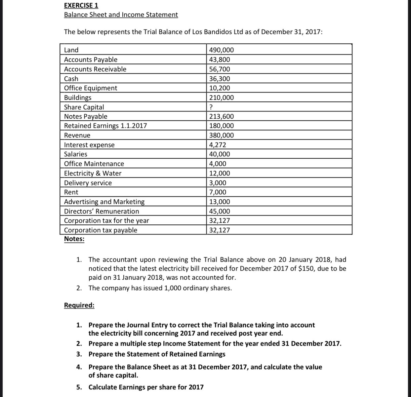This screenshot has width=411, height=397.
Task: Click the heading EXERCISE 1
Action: (x=81, y=6)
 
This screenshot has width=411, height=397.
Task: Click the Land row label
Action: (x=71, y=50)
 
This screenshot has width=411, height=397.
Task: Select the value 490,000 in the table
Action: (x=221, y=50)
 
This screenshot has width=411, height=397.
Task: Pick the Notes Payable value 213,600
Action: (x=221, y=116)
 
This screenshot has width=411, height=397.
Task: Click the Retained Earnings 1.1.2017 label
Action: (x=105, y=126)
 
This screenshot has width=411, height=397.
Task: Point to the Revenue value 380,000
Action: (x=221, y=135)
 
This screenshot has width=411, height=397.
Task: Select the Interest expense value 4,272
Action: (x=218, y=145)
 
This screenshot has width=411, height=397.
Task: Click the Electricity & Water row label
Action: (x=93, y=173)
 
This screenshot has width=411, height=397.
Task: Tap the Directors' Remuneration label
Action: (x=101, y=211)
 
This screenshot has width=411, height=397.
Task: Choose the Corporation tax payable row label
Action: (x=100, y=230)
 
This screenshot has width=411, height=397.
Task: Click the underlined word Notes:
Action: (x=74, y=239)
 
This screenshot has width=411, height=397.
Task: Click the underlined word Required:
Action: (x=79, y=305)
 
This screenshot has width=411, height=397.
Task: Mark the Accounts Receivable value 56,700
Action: (x=220, y=69)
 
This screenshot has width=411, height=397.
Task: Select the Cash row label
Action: (x=71, y=79)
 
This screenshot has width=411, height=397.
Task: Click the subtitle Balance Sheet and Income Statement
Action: (x=121, y=15)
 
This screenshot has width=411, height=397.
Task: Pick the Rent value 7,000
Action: (x=218, y=192)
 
